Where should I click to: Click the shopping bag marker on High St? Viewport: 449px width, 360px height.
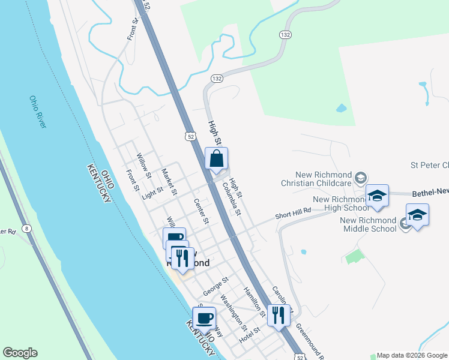click(x=217, y=159)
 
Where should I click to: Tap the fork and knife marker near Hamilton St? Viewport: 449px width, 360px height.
click(x=278, y=315)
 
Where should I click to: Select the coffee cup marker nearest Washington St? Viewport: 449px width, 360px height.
click(x=204, y=318)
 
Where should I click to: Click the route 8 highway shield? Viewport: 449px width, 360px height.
click(x=26, y=228)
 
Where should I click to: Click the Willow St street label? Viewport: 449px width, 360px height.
click(x=143, y=166)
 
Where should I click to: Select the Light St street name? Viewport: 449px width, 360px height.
click(x=152, y=193)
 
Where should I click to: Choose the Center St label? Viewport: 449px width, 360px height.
click(x=201, y=211)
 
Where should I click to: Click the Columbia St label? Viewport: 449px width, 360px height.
click(x=232, y=198)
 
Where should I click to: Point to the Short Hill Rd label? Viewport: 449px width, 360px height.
click(x=293, y=211)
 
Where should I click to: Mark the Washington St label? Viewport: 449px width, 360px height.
click(x=234, y=312)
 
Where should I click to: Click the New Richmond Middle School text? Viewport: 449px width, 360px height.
click(x=368, y=224)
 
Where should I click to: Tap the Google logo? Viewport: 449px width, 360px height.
click(x=20, y=353)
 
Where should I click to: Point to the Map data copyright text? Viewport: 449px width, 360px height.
click(x=412, y=355)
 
